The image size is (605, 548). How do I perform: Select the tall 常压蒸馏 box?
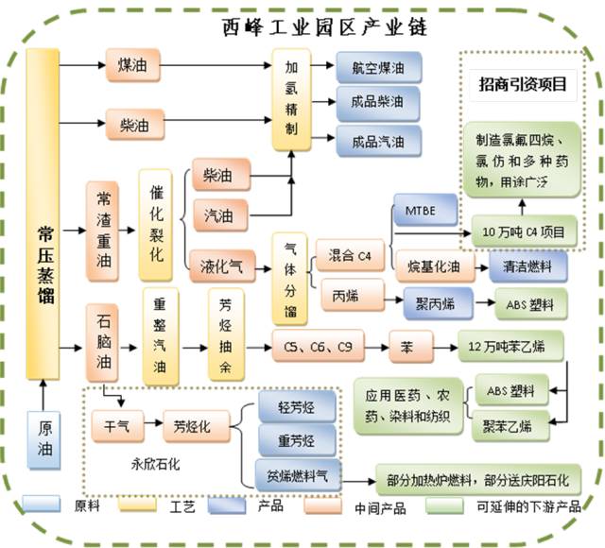tap(44, 213)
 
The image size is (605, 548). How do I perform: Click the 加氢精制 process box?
tap(291, 99)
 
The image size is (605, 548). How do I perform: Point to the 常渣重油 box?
tap(106, 231)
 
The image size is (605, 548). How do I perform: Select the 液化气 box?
tap(222, 266)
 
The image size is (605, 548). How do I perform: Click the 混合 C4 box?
tap(349, 255)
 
